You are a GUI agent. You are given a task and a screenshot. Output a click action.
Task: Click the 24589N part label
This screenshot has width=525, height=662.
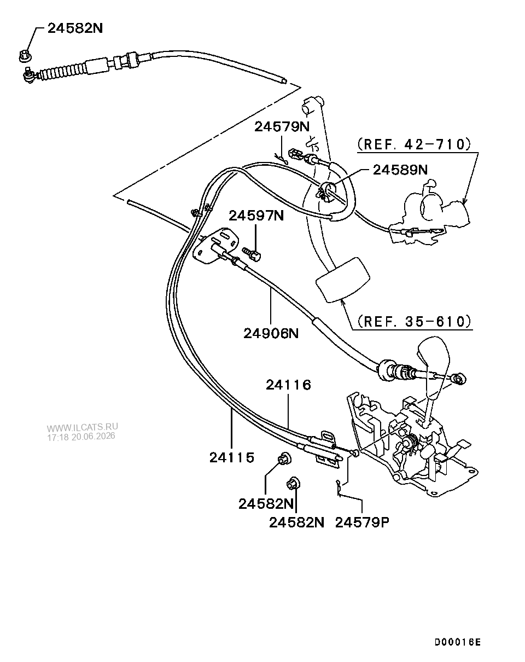[400, 170]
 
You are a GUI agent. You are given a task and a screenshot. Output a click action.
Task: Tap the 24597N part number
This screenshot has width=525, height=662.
[256, 216]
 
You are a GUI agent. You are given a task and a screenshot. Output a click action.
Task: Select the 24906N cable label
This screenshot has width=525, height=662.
[271, 333]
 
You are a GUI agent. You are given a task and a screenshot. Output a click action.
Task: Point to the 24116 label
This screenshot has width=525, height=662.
[289, 385]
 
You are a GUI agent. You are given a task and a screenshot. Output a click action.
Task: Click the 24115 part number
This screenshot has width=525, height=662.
[232, 458]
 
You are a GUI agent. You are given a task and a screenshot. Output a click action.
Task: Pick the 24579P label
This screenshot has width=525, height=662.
[362, 522]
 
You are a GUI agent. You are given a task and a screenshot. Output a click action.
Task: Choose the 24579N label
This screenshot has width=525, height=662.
[282, 127]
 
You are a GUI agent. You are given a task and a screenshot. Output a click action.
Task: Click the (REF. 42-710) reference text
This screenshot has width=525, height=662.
[414, 144]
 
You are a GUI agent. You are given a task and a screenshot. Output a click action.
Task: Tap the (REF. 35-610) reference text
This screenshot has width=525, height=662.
[414, 322]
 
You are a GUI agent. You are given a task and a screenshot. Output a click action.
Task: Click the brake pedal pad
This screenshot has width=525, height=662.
[342, 280]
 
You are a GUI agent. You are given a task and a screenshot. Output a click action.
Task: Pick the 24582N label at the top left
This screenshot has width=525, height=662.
[75, 28]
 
